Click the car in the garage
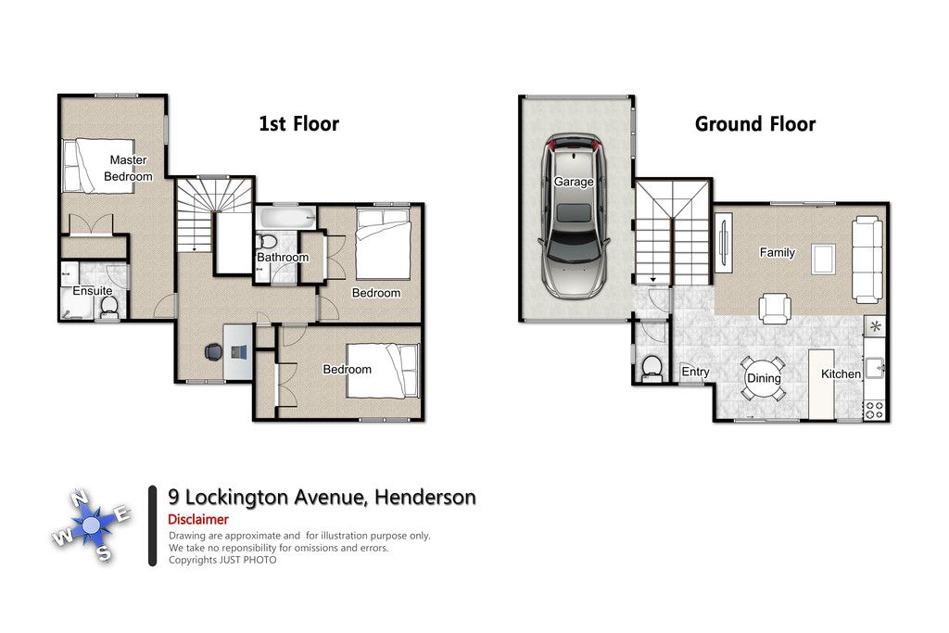[574, 216]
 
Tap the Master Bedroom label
[128, 169]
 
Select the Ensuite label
[93, 291]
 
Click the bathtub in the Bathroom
[285, 217]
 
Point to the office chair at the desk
[213, 351]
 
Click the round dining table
[764, 378]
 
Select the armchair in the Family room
[776, 309]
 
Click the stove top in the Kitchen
[874, 410]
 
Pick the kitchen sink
[875, 367]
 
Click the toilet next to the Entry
[652, 367]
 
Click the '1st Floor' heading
[299, 124]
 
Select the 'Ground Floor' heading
[754, 124]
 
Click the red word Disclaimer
[198, 519]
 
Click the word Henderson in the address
[424, 497]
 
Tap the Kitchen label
[841, 374]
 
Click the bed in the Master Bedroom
[98, 166]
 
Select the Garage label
[574, 182]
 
